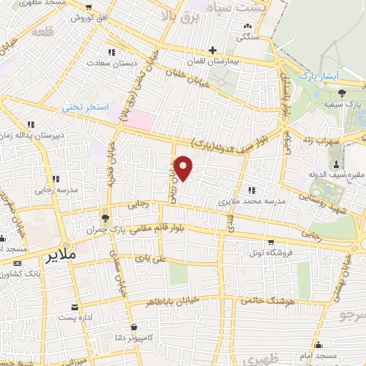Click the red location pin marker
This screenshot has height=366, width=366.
[184, 169]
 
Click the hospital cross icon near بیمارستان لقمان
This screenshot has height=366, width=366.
[212, 50]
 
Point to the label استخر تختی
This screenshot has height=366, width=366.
[84, 107]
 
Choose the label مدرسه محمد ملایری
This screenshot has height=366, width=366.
[255, 202]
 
